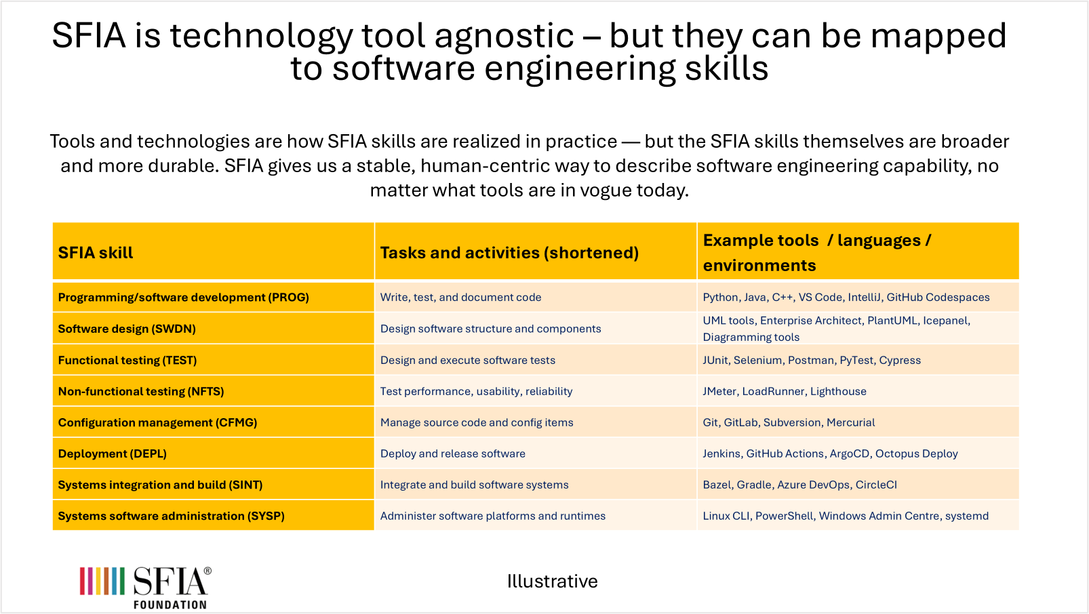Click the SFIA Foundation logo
pos(145,588)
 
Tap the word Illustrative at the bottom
pos(552,581)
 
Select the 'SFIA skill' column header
pos(96,253)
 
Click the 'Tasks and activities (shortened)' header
pos(509,253)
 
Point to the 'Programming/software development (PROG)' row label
pos(183,298)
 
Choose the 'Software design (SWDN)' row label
pos(127,329)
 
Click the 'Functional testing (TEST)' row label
pos(127,360)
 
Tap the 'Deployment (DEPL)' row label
pos(113,453)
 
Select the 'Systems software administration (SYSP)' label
pos(171,516)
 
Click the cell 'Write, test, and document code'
pos(460,298)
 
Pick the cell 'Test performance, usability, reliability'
pos(477,392)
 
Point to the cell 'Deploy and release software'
pos(452,453)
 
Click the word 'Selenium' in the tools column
pos(758,360)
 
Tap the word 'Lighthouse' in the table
pos(838,392)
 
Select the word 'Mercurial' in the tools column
pos(851,423)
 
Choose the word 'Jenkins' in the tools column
pos(722,453)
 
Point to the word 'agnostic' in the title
pos(504,37)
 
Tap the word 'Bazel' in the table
pos(717,485)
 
